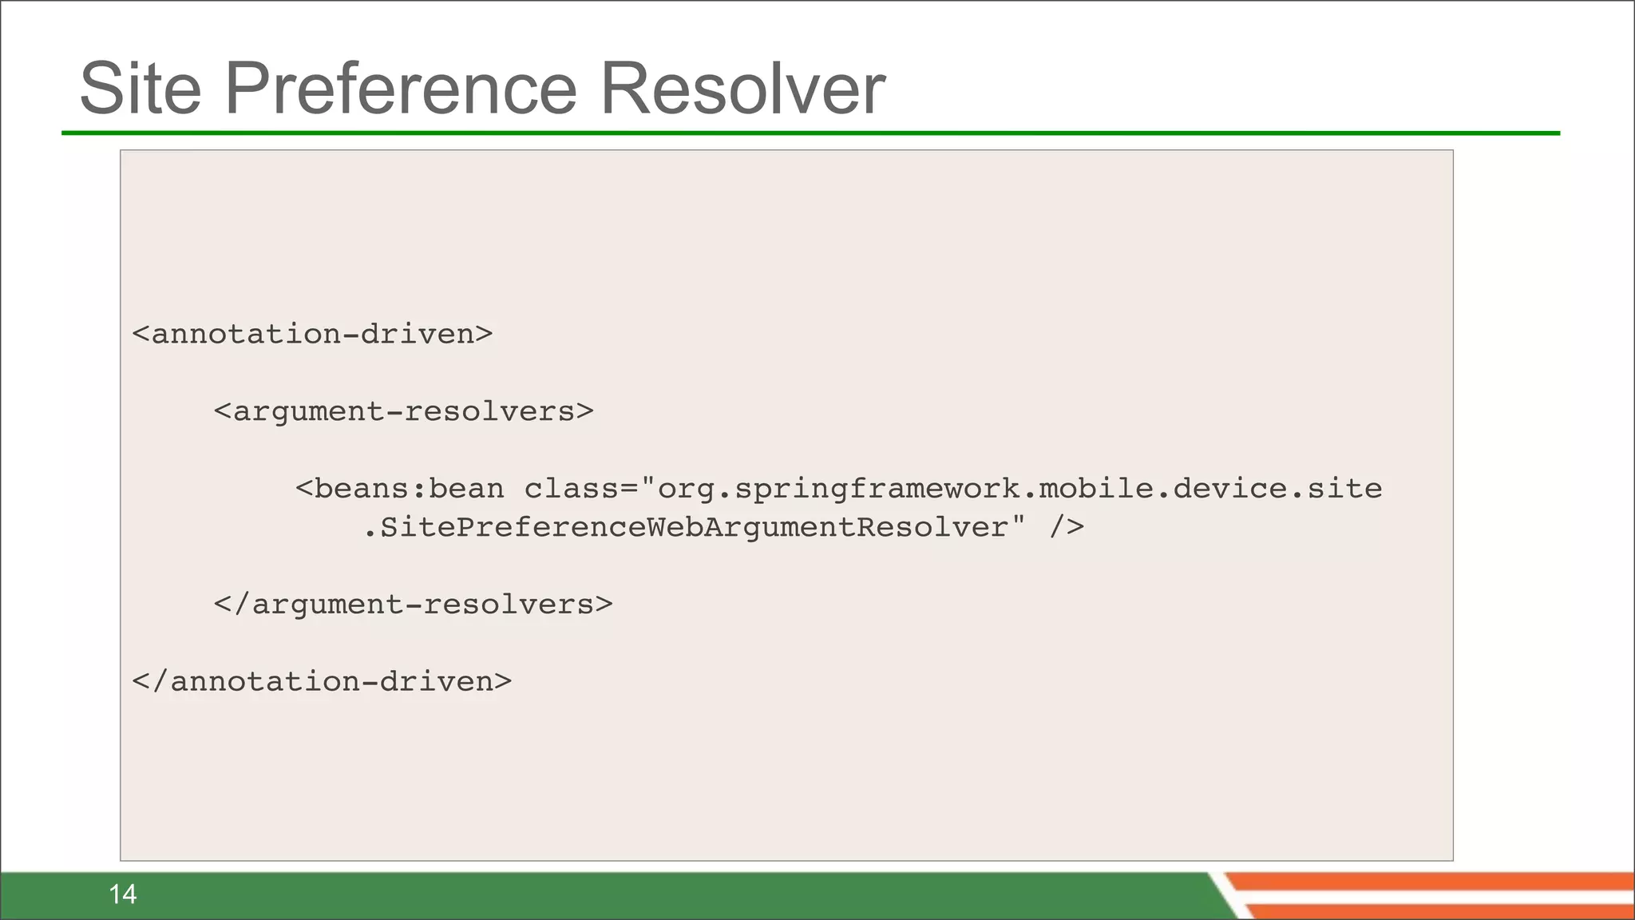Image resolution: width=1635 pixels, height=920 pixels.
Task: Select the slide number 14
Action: coord(123,894)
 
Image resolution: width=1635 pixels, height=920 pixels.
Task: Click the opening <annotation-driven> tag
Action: coord(312,334)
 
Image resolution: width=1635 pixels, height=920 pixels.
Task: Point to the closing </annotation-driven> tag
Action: coord(322,681)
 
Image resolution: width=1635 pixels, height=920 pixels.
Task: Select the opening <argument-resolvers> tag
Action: coord(403,411)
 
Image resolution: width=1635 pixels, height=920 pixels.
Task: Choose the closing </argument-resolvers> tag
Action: coord(413,605)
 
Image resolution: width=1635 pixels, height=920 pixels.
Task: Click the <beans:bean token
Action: coord(399,489)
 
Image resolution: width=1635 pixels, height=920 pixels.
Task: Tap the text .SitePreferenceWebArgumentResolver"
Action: coord(694,527)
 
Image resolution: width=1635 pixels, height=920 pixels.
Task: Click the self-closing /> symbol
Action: coord(1067,527)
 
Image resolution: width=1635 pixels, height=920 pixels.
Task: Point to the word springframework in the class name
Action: coord(877,489)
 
